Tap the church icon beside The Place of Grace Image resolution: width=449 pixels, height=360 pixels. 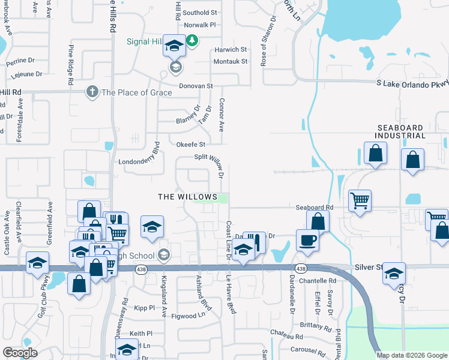92,92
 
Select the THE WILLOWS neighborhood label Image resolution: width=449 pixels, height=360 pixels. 187,197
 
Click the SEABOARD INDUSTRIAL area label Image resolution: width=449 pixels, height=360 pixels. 408,133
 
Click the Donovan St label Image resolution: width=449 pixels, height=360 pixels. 192,86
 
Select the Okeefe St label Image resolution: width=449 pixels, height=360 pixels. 191,145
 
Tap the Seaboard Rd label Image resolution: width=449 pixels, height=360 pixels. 314,208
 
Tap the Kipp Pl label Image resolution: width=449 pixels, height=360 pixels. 144,308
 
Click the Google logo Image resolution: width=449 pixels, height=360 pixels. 20,353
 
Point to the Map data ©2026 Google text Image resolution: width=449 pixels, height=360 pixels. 412,355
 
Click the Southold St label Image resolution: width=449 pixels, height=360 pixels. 200,13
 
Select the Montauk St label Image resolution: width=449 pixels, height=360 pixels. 231,61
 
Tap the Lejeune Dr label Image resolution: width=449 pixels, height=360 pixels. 25,74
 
